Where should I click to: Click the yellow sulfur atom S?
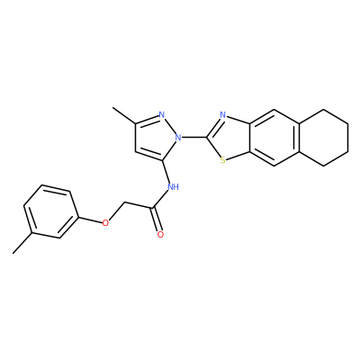click(222, 161)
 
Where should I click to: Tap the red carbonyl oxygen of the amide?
click(160, 235)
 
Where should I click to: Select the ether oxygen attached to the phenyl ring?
click(105, 223)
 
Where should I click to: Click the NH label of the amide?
click(173, 187)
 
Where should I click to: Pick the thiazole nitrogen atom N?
click(222, 114)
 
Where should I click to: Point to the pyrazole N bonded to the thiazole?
click(179, 138)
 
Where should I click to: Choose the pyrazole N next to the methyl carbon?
click(162, 115)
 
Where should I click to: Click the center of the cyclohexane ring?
click(323, 138)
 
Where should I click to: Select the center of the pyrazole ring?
click(156, 137)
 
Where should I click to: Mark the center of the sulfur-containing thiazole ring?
click(228, 138)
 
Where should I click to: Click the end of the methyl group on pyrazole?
click(112, 107)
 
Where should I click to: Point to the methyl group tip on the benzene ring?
click(13, 254)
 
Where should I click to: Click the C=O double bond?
click(157, 220)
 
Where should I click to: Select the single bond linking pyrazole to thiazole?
click(194, 138)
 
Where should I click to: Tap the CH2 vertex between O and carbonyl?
click(123, 204)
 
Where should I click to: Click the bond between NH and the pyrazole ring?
click(166, 172)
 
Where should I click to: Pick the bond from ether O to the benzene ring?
click(90, 220)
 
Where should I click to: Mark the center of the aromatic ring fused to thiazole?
click(274, 138)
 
